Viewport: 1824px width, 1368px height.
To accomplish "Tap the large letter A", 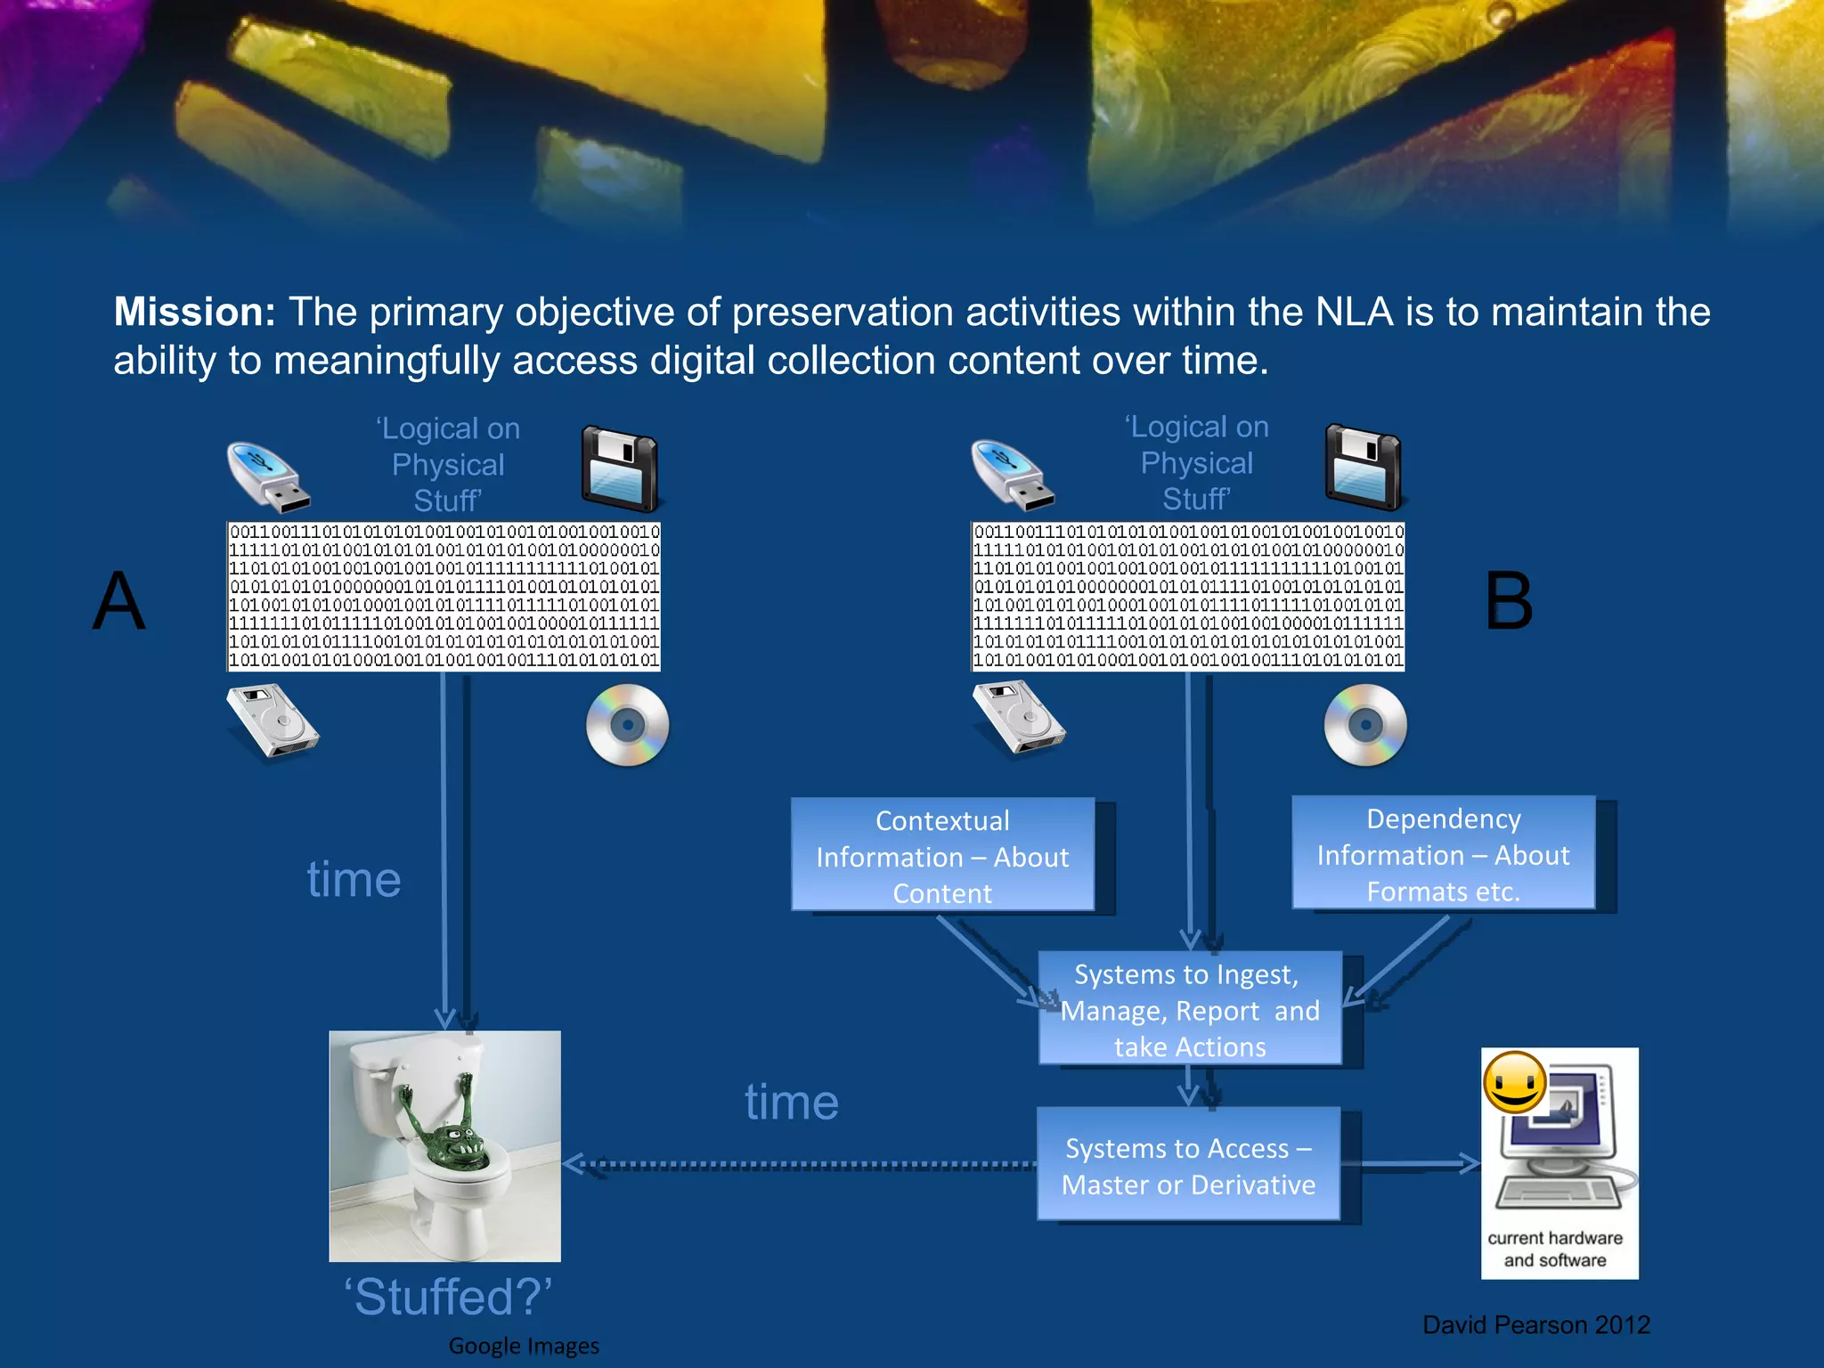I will (119, 601).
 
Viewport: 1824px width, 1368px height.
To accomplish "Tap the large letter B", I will (1509, 601).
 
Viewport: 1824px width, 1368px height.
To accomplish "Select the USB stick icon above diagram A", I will (267, 476).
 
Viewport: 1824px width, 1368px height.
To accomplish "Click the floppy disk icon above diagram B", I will (1364, 468).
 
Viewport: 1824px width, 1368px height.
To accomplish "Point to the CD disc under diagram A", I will (628, 725).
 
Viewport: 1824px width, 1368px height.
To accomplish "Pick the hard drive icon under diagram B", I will (1018, 720).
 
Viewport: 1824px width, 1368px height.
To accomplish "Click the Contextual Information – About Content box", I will (942, 856).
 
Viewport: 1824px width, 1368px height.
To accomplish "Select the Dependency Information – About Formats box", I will (1443, 854).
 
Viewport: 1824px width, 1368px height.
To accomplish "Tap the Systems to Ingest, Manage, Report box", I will (1190, 1010).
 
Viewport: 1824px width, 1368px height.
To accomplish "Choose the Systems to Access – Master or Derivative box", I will (1188, 1165).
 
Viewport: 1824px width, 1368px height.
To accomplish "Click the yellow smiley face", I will (1514, 1082).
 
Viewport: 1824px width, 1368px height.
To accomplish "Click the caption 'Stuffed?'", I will (448, 1297).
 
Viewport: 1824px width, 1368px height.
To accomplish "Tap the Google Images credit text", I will (524, 1346).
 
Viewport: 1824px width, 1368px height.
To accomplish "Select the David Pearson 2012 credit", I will (1536, 1325).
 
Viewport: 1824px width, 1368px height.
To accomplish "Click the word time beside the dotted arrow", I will (792, 1103).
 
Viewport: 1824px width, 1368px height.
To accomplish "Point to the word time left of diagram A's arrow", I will (354, 880).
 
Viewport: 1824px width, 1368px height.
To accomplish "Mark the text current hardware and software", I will (1555, 1249).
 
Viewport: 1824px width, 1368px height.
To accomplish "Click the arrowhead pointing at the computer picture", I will (1469, 1163).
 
